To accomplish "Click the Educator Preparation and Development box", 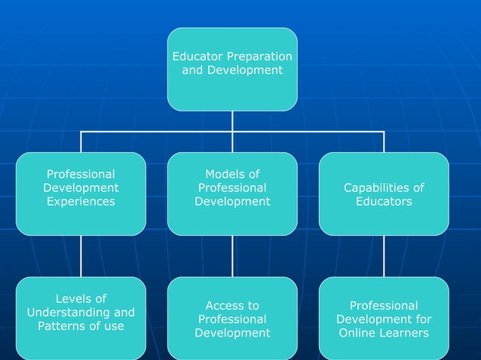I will point(232,69).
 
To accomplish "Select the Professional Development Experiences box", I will point(81,194).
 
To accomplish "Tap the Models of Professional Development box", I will point(232,194).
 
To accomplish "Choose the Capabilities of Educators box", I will point(384,194).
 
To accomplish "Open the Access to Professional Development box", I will point(232,318).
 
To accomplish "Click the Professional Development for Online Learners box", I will point(384,318).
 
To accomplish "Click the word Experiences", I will point(81,202).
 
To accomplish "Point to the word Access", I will point(232,306).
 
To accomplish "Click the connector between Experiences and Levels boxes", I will point(81,256).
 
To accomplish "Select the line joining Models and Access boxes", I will point(232,256).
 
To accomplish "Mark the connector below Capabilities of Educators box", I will point(384,256).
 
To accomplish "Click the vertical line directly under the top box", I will point(232,121).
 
